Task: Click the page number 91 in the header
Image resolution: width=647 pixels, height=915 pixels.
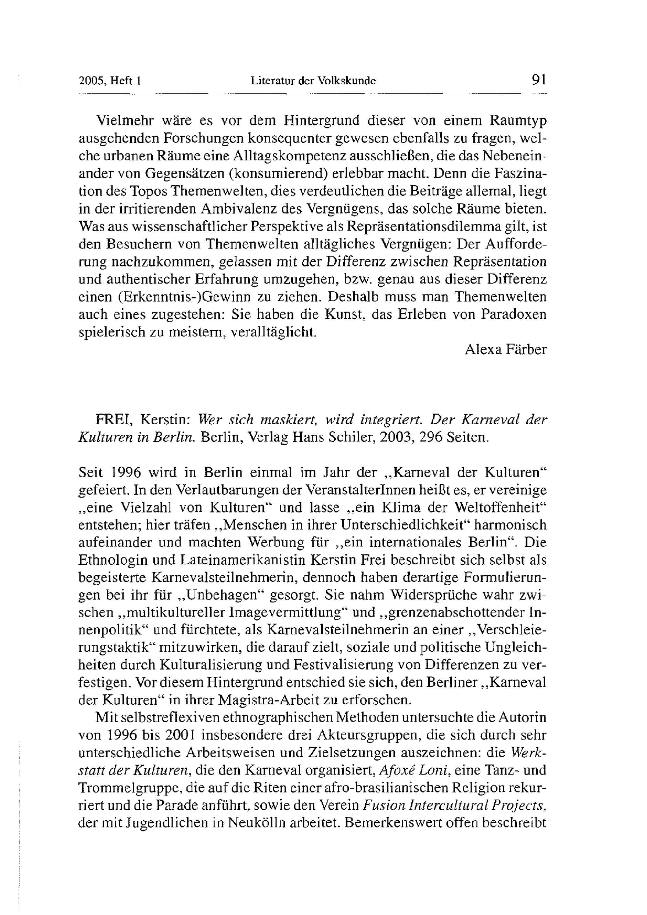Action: pos(538,80)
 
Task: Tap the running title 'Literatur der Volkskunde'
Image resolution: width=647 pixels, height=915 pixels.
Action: pos(313,81)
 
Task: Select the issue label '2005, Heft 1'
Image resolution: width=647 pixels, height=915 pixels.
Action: pos(110,81)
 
